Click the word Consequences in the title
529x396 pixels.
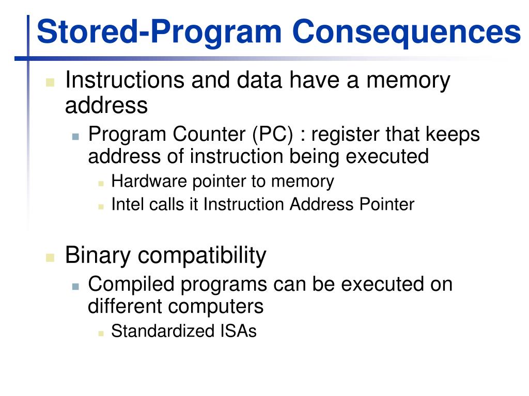tap(407, 31)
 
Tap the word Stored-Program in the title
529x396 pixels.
tap(159, 32)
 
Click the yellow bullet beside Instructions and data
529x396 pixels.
tap(50, 82)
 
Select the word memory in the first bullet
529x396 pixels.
tap(408, 81)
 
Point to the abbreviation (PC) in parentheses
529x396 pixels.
tap(273, 135)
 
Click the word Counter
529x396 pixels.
tap(209, 134)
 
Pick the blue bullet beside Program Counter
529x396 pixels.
tap(75, 136)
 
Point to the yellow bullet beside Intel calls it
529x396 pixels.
tap(101, 206)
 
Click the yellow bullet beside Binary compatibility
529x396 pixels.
tap(50, 257)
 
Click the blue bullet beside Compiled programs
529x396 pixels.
tap(75, 287)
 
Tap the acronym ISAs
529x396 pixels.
tap(238, 331)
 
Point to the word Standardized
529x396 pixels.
tap(163, 331)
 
